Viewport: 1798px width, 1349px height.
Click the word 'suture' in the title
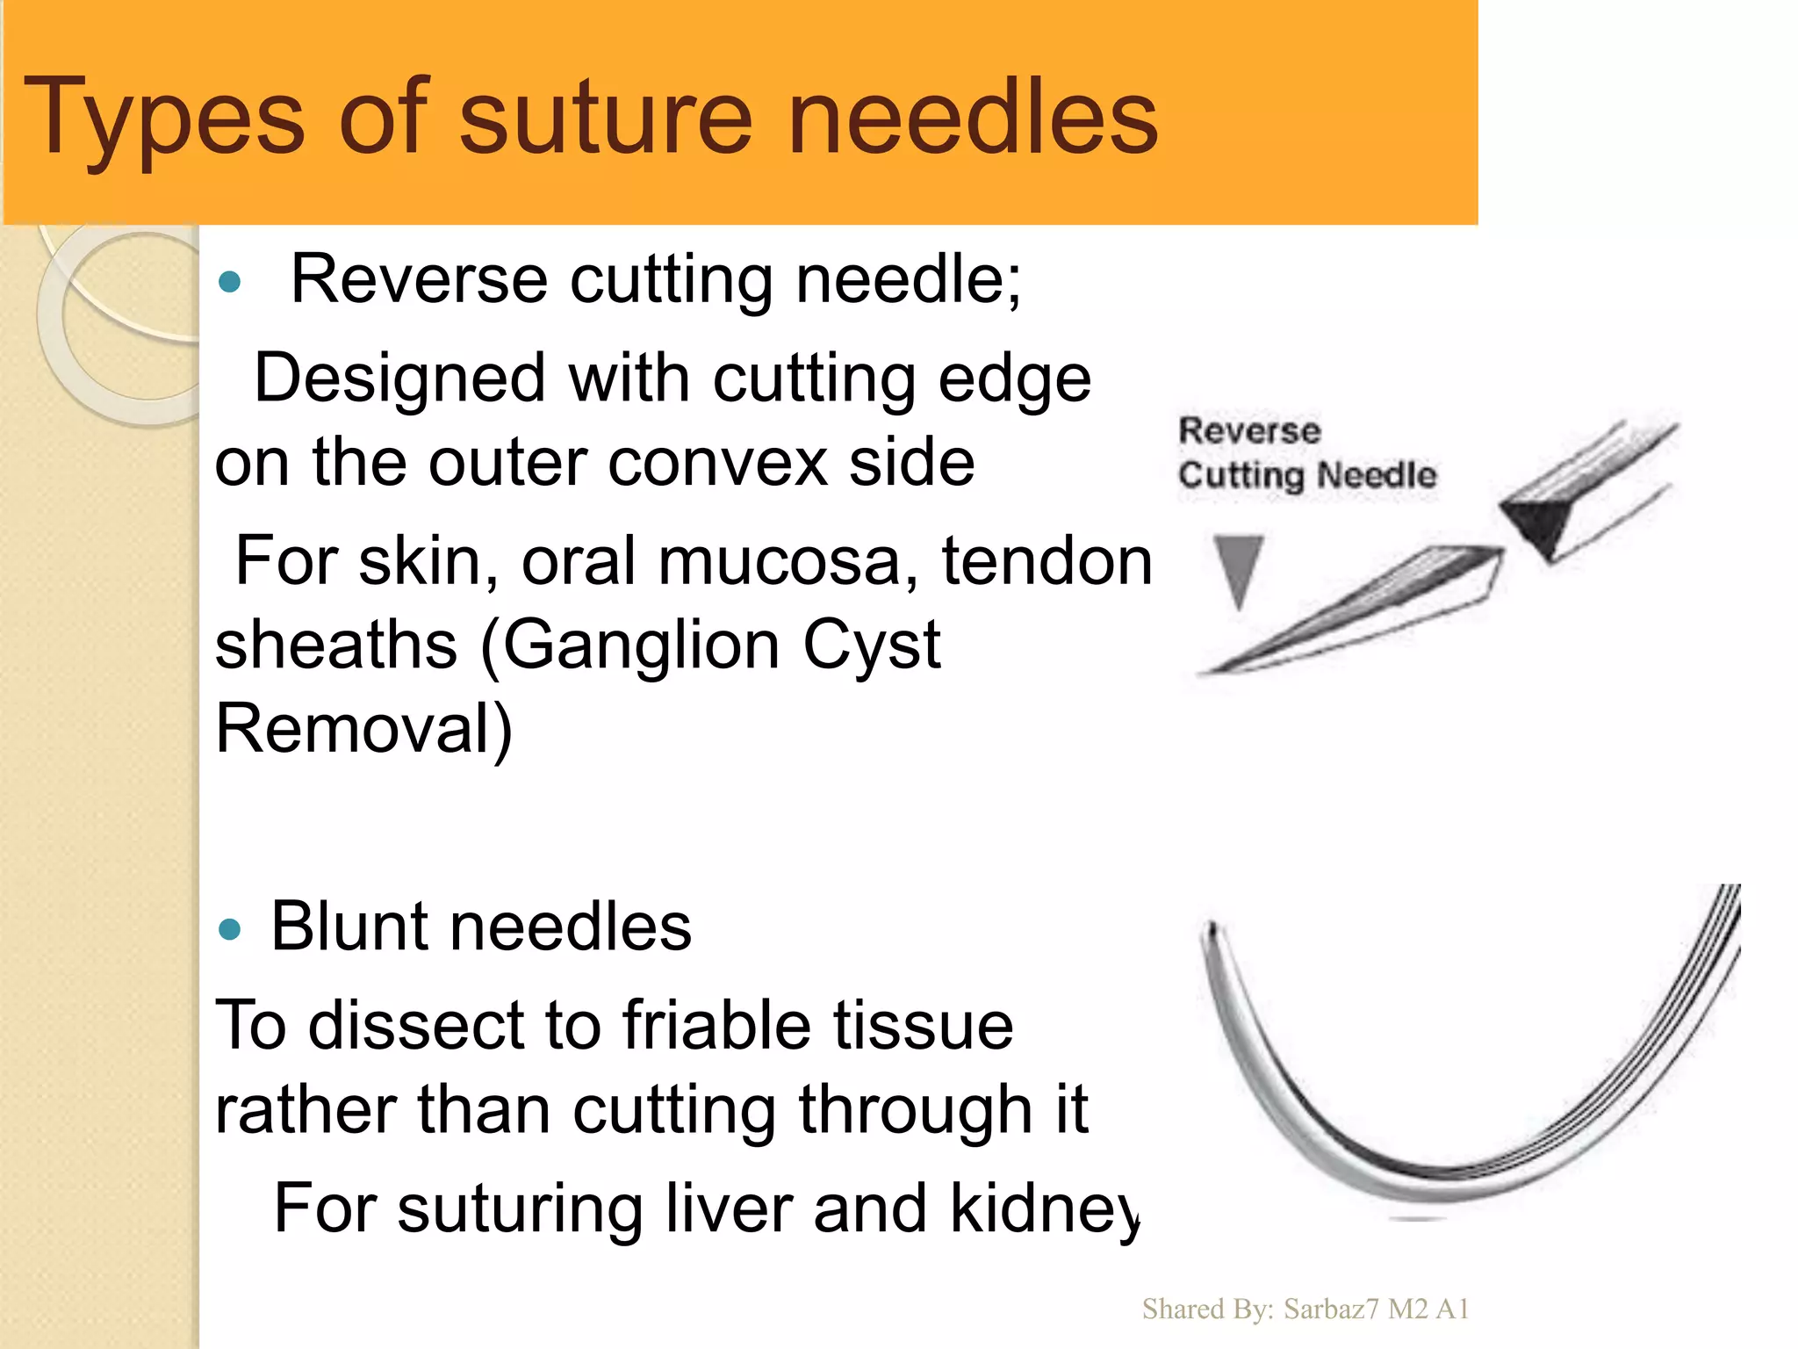tap(606, 117)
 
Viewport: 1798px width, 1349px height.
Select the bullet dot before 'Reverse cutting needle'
tap(230, 282)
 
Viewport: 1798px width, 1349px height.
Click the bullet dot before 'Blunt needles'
tap(230, 929)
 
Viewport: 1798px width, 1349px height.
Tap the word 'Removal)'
tap(363, 729)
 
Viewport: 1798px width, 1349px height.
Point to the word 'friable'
tap(716, 1025)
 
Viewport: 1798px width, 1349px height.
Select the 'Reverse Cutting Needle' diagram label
tap(1306, 453)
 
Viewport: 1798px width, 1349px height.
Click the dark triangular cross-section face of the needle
tap(1536, 523)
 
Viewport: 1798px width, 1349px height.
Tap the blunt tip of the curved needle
tap(1212, 929)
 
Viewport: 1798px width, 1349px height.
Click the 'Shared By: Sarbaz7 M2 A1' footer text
tap(1305, 1309)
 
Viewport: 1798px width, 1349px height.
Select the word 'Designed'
tap(399, 379)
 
